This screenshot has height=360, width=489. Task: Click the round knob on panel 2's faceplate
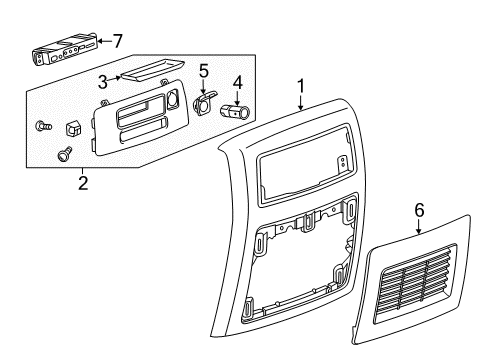point(173,100)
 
